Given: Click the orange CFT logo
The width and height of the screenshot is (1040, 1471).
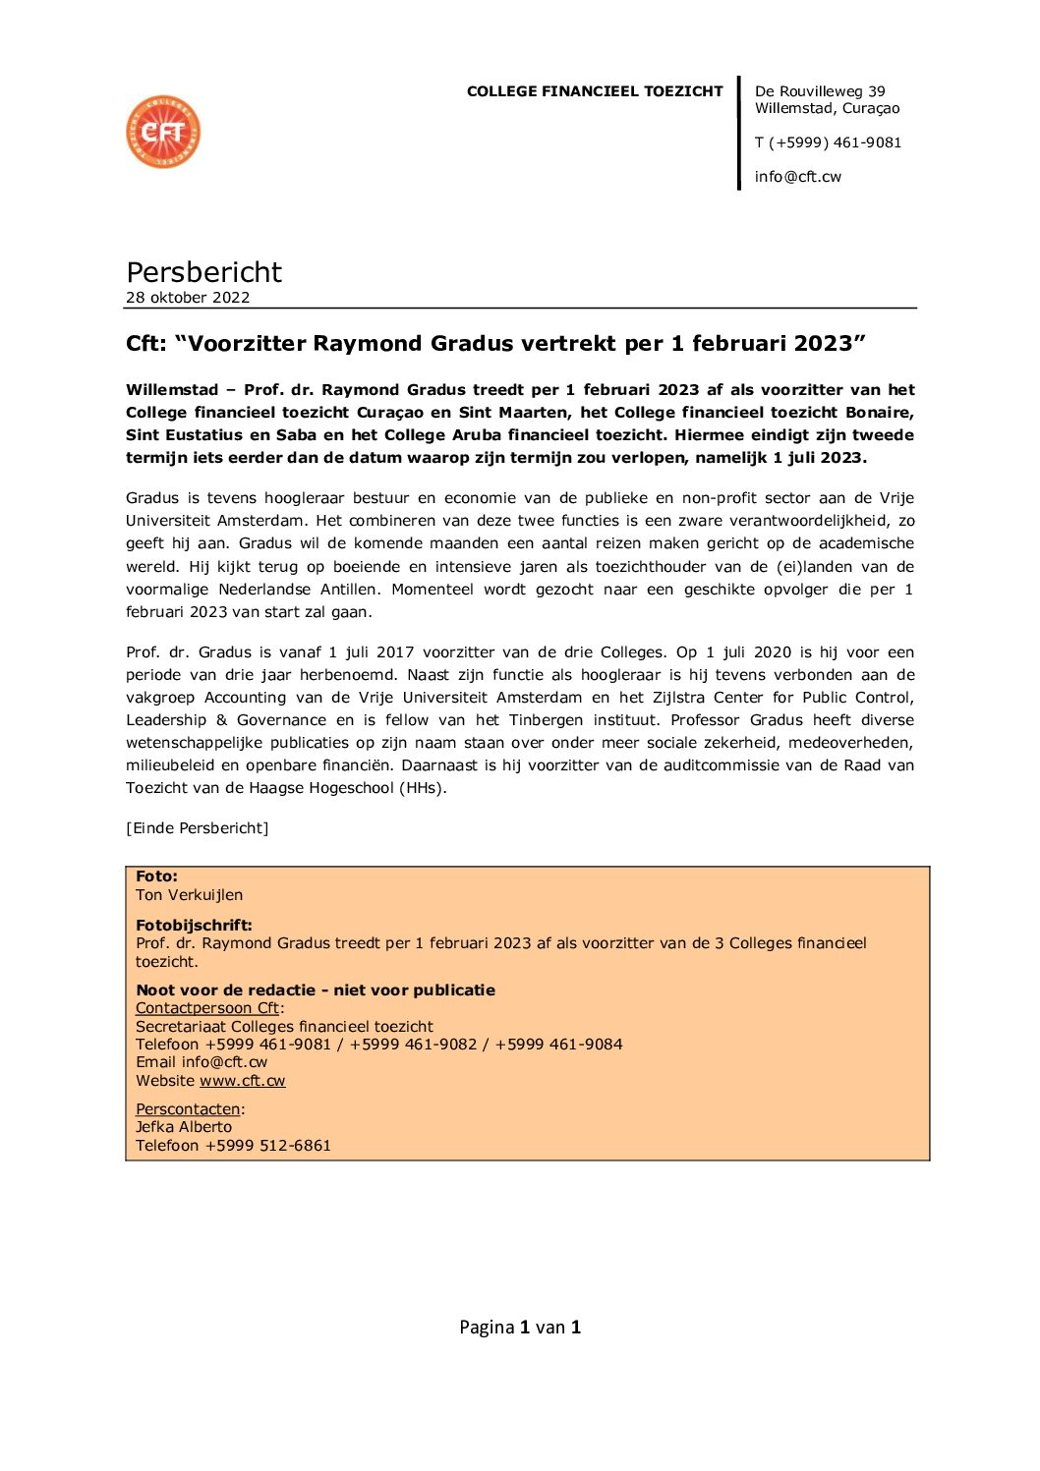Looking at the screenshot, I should click(x=163, y=132).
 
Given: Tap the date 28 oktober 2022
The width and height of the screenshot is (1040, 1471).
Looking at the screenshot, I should click(x=188, y=298).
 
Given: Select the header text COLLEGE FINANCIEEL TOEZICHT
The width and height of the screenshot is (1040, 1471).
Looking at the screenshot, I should click(x=595, y=91).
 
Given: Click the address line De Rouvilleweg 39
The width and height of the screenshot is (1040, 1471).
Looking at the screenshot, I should click(x=820, y=91).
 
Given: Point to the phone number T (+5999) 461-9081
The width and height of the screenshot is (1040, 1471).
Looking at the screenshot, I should click(x=828, y=142).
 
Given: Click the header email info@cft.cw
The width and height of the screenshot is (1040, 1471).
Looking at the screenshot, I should click(x=798, y=177).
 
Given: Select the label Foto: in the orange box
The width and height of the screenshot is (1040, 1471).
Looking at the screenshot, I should click(x=156, y=877).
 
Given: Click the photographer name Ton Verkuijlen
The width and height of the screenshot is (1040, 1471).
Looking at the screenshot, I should click(x=189, y=895).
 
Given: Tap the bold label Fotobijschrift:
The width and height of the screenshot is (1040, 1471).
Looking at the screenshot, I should click(x=194, y=925).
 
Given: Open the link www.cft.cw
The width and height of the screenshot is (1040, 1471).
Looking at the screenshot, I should click(x=242, y=1081).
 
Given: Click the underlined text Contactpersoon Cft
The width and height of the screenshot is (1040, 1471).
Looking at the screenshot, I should click(x=207, y=1008).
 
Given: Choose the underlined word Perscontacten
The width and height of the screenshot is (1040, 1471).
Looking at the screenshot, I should click(x=188, y=1109).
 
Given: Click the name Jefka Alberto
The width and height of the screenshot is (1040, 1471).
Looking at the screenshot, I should click(x=184, y=1127).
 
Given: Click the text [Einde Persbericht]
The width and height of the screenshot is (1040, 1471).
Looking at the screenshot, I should click(x=197, y=828).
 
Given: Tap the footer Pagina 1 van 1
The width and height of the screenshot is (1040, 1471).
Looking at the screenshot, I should click(x=520, y=1328).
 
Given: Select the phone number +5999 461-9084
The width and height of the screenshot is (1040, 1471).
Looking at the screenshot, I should click(x=558, y=1045).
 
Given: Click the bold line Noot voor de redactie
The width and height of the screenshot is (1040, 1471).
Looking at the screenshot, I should click(x=316, y=990).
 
